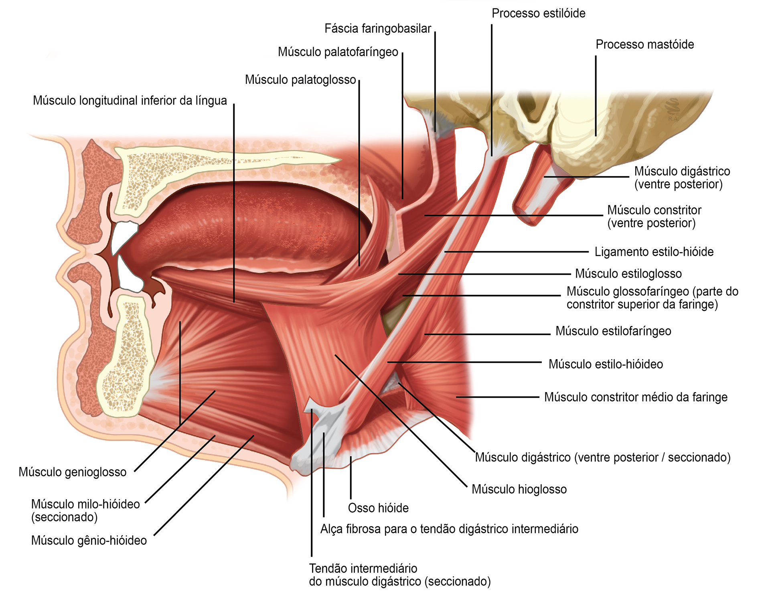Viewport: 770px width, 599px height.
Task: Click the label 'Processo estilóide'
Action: tap(538, 14)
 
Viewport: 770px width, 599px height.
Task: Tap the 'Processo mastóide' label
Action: tap(644, 45)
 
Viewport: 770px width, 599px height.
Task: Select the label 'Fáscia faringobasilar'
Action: tap(377, 29)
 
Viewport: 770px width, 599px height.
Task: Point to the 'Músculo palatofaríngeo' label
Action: tap(338, 52)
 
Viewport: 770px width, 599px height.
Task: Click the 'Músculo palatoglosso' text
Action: tap(300, 80)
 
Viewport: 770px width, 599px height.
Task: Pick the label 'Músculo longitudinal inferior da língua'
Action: tap(130, 101)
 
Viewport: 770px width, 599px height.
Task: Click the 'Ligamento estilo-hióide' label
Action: tap(654, 252)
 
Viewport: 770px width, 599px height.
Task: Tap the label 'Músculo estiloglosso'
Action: tap(628, 274)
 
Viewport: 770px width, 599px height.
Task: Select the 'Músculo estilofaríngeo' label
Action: tap(613, 331)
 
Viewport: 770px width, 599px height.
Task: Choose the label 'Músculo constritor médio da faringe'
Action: tap(635, 397)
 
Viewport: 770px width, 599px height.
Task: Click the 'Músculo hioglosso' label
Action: tap(519, 489)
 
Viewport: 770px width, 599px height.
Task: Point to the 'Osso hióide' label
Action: tap(378, 508)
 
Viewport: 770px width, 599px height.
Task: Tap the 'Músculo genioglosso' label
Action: tap(72, 472)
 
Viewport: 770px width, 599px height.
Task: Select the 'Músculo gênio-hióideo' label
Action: tap(89, 540)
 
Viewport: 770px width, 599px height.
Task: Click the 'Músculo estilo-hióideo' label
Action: tap(605, 364)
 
